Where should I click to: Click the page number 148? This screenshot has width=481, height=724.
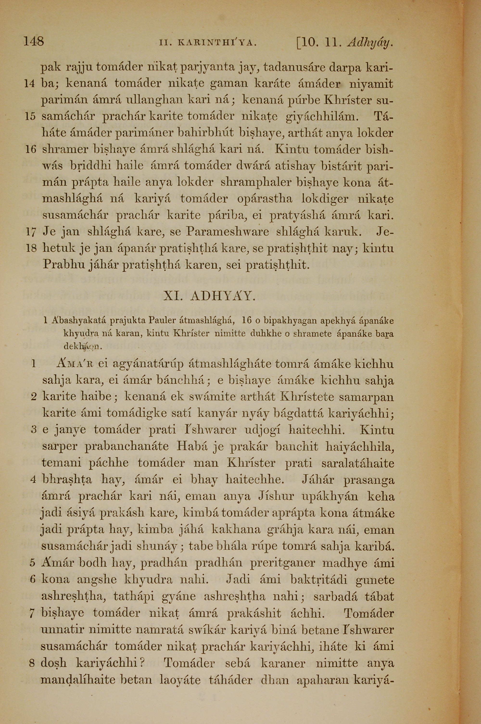(34, 41)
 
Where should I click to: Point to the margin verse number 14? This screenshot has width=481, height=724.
(29, 84)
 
